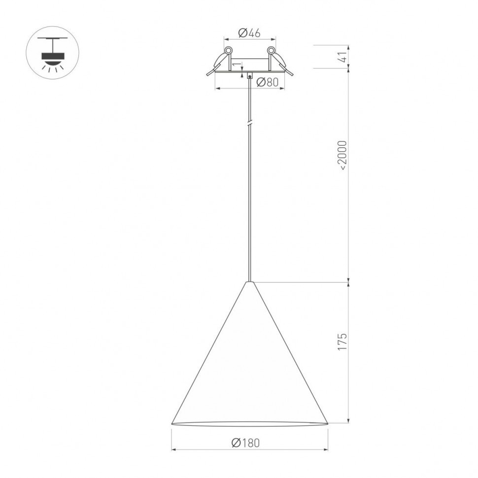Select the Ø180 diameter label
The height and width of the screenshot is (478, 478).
[245, 443]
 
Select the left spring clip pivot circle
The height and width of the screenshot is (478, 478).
[228, 50]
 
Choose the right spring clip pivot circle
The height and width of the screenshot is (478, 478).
[271, 50]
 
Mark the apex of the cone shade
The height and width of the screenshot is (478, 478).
[250, 282]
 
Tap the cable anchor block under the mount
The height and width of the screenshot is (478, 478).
[250, 76]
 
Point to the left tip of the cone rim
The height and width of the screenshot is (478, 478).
[172, 423]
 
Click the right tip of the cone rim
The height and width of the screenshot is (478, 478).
[328, 423]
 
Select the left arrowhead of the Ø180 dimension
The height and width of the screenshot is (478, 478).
[173, 449]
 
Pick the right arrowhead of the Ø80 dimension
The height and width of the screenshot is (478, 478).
[283, 89]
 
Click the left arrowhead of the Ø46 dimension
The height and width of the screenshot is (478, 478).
[226, 38]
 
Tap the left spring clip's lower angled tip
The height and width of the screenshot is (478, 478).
[208, 74]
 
